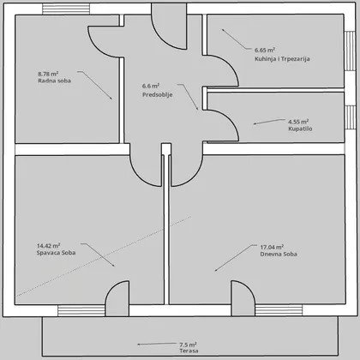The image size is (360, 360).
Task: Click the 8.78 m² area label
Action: tap(48, 74)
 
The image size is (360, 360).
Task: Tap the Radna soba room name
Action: tap(54, 81)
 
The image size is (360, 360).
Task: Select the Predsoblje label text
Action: tap(158, 94)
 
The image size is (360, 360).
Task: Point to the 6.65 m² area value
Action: tap(265, 50)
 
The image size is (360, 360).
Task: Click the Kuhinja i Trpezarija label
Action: tap(282, 59)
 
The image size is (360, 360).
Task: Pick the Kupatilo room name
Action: tap(300, 129)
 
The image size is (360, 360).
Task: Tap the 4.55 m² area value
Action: tap(298, 122)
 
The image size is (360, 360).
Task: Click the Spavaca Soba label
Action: tap(56, 253)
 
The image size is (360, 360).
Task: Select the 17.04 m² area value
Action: tap(272, 247)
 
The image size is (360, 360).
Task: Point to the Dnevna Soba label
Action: tap(279, 254)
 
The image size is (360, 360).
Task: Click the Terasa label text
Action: tap(189, 351)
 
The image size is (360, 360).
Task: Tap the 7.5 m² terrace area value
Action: tap(188, 345)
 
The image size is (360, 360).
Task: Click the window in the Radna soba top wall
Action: tap(66, 9)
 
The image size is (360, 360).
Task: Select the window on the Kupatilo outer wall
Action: tap(350, 117)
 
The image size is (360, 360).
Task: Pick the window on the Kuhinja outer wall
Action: tap(350, 51)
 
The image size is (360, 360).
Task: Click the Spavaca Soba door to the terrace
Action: tap(117, 298)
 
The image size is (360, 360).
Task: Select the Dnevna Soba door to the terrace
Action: tap(243, 298)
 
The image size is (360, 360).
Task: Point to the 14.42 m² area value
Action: tap(48, 246)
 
